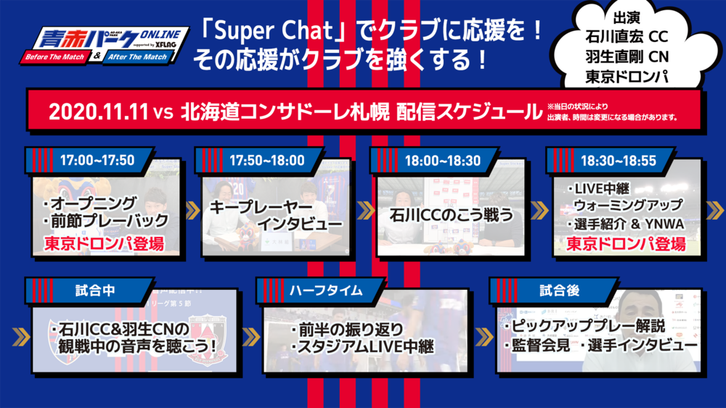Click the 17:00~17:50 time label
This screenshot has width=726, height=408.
tap(97, 160)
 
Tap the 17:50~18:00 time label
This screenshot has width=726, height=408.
tap(267, 160)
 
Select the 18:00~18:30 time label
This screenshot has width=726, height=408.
tap(443, 160)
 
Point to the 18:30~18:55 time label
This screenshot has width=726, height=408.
tap(619, 160)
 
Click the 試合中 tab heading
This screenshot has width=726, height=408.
tap(95, 291)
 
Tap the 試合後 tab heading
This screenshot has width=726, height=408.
tap(560, 291)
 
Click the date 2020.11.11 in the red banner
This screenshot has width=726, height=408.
tap(98, 112)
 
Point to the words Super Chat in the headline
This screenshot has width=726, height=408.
tap(274, 31)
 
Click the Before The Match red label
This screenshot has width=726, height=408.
tap(54, 57)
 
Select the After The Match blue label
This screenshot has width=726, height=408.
tap(137, 57)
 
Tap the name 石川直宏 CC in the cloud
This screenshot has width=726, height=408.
tap(627, 36)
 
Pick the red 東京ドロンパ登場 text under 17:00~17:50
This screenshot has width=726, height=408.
tap(104, 243)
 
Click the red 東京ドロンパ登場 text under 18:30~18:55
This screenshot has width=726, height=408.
tap(626, 243)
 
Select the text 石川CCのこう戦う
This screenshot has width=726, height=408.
tap(452, 215)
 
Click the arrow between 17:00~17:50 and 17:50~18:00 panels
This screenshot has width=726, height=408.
tap(193, 210)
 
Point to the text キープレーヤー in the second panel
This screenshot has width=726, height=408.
tap(261, 207)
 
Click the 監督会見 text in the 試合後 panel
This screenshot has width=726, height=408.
tap(540, 345)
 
